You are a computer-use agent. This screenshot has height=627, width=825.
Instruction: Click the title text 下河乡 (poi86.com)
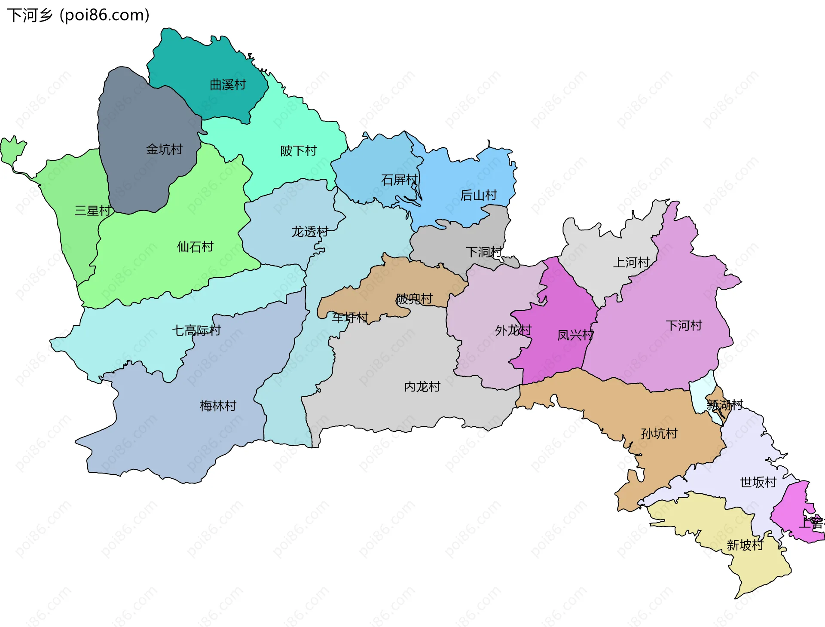click(x=78, y=15)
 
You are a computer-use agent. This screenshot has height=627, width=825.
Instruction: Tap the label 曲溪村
click(x=228, y=85)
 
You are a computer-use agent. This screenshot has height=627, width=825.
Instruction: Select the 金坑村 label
click(x=164, y=149)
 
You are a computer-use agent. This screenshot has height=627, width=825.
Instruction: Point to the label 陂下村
click(x=298, y=150)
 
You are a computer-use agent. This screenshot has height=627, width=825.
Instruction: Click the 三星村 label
click(x=93, y=211)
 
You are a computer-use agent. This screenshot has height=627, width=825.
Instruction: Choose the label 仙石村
click(x=195, y=246)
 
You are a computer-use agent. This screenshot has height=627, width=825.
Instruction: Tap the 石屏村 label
click(x=399, y=179)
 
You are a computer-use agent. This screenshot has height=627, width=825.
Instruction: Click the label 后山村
click(x=478, y=195)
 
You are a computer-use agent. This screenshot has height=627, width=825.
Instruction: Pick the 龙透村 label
click(x=310, y=232)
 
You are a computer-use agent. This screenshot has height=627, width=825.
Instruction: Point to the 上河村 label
click(x=631, y=262)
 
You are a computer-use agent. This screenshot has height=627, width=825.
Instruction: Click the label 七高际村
click(x=196, y=330)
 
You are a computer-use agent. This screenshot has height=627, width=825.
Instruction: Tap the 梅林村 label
click(x=218, y=405)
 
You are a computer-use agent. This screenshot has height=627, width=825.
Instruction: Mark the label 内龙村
click(x=422, y=386)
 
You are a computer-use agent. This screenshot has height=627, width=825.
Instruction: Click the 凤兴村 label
click(x=575, y=335)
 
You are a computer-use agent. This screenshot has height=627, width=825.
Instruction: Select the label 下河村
click(x=684, y=325)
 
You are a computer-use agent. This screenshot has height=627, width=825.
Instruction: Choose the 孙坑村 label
click(x=659, y=433)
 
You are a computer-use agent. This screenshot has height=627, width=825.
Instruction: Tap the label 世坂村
click(x=758, y=482)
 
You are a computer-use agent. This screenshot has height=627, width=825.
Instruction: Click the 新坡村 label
click(x=745, y=545)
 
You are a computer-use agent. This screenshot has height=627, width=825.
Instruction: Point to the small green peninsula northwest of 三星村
click(x=12, y=150)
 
